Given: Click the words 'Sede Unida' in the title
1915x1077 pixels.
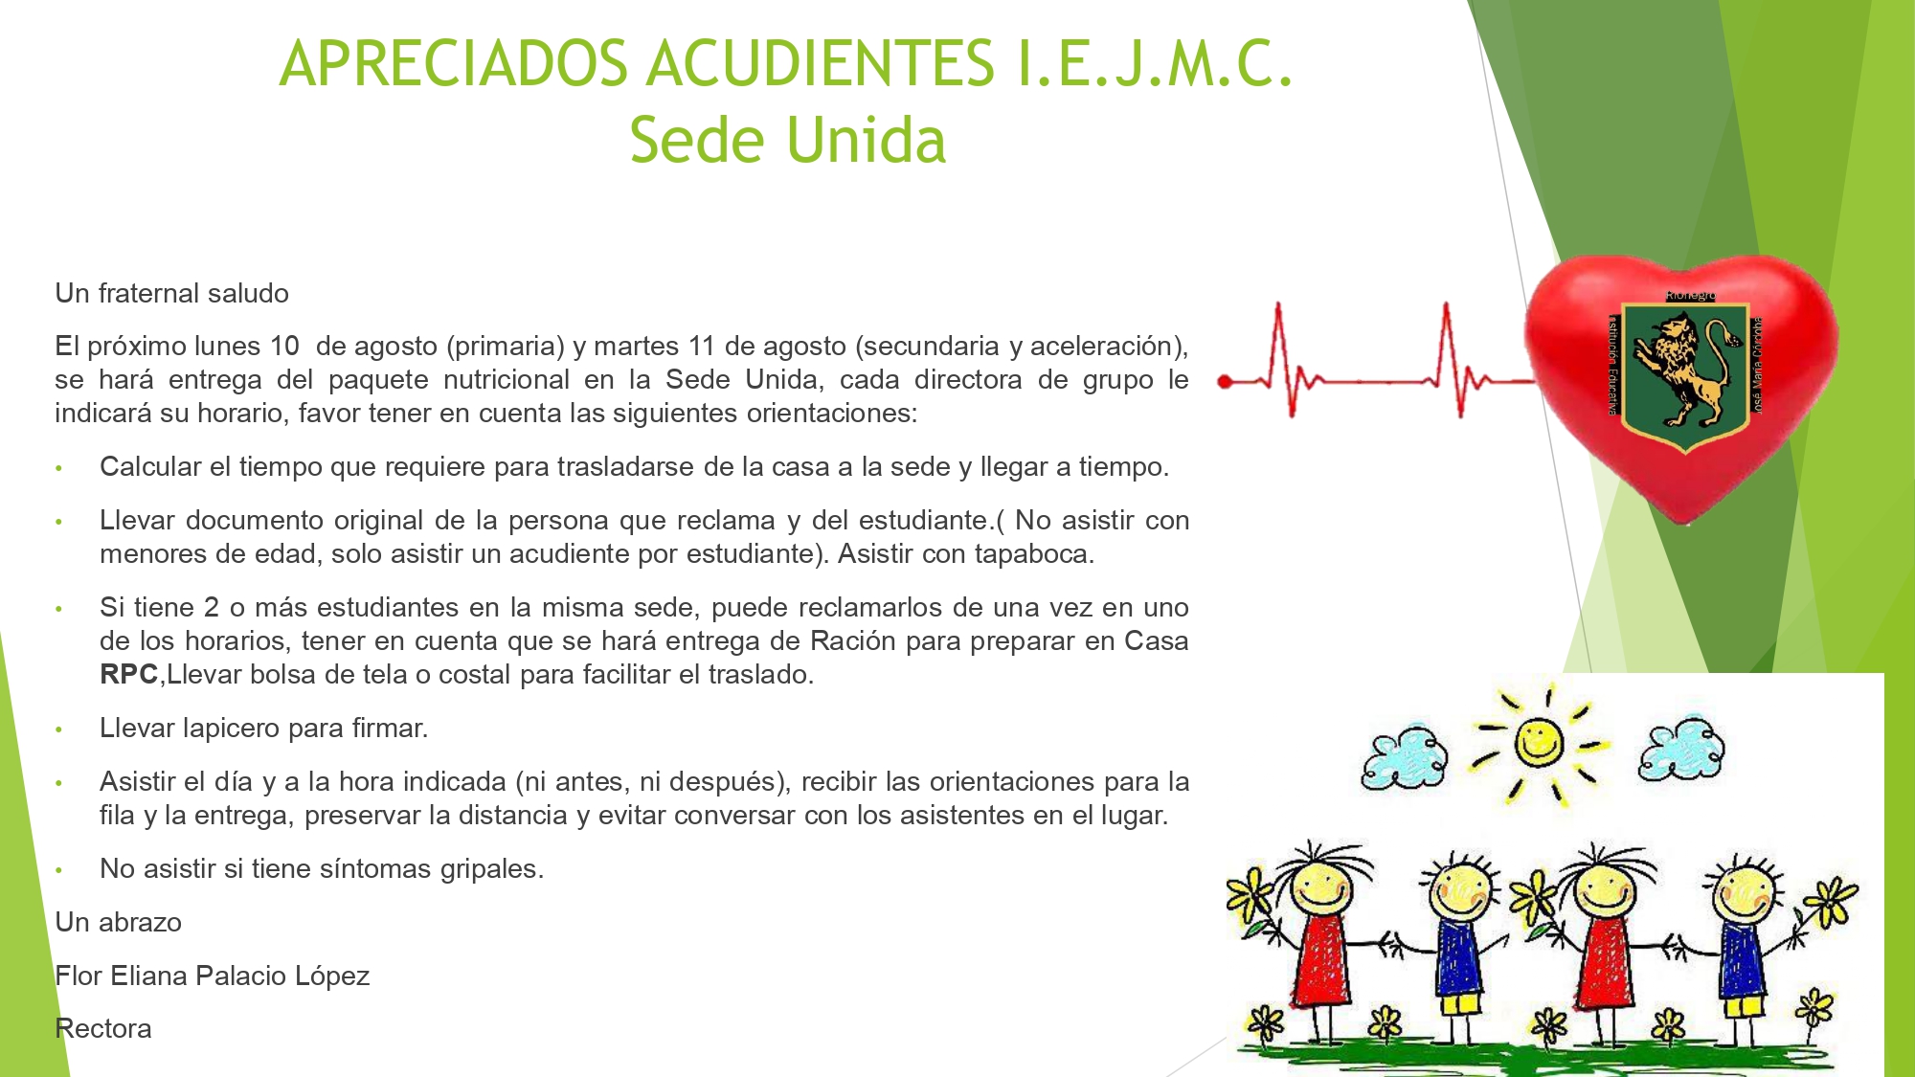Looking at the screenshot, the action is pyautogui.click(x=787, y=140).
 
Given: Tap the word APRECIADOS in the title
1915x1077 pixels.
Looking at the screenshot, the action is pyautogui.click(x=454, y=63).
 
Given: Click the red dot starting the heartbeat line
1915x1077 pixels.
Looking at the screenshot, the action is pyautogui.click(x=1224, y=382).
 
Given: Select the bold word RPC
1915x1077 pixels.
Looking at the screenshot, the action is pyautogui.click(x=128, y=675).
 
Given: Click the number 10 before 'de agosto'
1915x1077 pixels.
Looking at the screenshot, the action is pyautogui.click(x=284, y=346).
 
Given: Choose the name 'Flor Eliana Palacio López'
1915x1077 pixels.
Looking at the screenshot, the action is pyautogui.click(x=213, y=976).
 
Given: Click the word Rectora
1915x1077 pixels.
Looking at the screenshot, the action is pyautogui.click(x=103, y=1028).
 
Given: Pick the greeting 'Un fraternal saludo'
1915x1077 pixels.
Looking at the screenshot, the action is pyautogui.click(x=172, y=293).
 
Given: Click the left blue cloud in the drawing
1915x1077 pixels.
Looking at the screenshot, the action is pyautogui.click(x=1405, y=756).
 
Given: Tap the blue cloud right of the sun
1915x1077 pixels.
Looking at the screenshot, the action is pyautogui.click(x=1681, y=748).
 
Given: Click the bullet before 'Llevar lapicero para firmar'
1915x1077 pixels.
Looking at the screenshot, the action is pyautogui.click(x=58, y=729).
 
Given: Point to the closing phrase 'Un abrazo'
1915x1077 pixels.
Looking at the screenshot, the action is pyautogui.click(x=118, y=922).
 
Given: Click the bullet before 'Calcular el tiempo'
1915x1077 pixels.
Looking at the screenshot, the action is pyautogui.click(x=58, y=468).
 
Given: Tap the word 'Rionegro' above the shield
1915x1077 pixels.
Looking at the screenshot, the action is pyautogui.click(x=1690, y=296).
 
